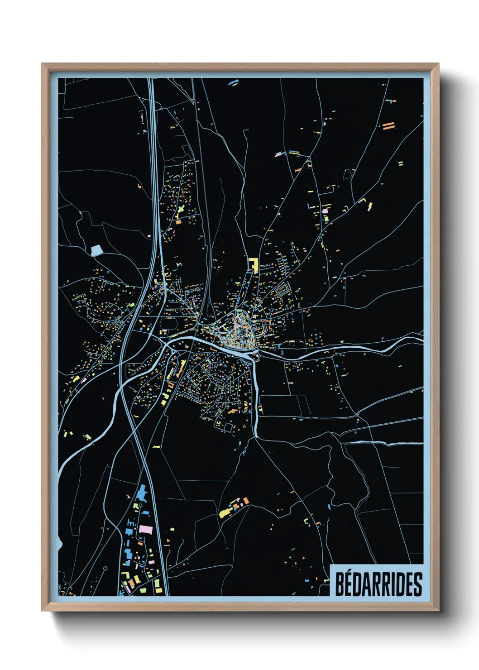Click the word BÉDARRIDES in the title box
pos(378,584)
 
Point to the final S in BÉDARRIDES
pos(418,584)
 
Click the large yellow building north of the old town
pos(252,264)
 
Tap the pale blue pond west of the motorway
pos(96,250)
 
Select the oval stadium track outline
pos(169,324)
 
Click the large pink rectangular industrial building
pos(146,529)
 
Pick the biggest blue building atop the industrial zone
pos(142,493)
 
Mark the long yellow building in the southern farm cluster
pos(225,512)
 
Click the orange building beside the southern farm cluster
pos(246,501)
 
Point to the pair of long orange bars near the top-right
pos(388,126)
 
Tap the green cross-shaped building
pos(181,210)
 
